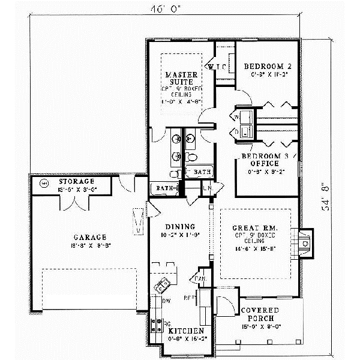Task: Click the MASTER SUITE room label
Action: coord(178,79)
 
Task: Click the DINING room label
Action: coord(179,226)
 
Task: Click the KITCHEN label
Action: coord(185,331)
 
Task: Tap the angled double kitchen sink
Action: coord(161,286)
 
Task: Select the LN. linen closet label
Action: coord(207,189)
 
